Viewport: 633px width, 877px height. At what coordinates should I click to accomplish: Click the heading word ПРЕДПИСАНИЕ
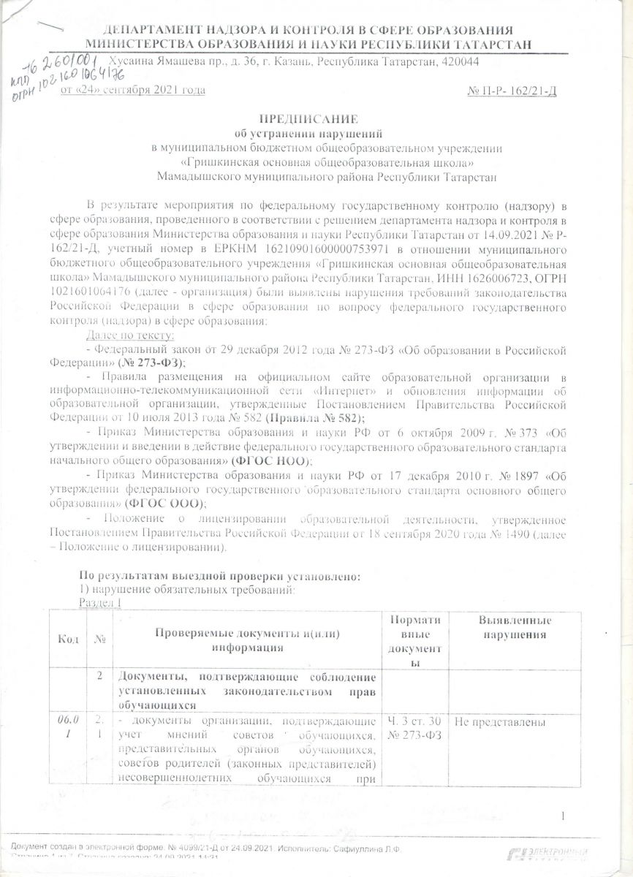coord(316,119)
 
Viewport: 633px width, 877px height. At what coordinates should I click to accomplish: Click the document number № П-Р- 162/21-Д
coord(512,90)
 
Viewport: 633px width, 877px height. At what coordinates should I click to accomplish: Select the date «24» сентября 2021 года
coord(132,90)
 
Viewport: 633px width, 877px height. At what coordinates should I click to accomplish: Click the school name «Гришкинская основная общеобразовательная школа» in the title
coord(330,162)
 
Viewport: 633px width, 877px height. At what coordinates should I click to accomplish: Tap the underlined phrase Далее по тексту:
coord(130,335)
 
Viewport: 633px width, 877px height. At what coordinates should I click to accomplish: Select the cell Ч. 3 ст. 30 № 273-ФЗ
coord(414,729)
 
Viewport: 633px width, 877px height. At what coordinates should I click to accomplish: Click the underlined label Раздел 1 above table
coord(99,601)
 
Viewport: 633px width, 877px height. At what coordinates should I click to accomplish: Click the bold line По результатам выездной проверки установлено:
coord(219,576)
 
